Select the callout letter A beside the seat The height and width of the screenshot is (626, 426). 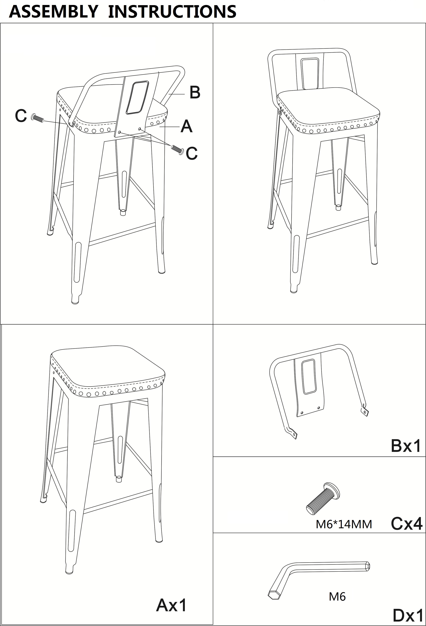pos(186,126)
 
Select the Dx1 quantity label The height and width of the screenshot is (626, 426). pos(408,616)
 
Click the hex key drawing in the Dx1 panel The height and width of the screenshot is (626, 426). pos(319,578)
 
